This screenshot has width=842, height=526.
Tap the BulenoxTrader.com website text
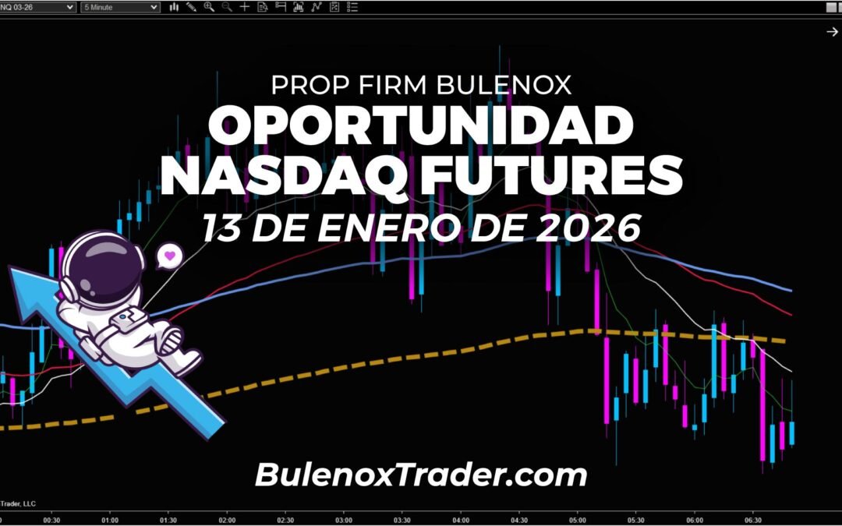coord(421,474)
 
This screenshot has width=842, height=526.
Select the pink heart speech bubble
coord(169,255)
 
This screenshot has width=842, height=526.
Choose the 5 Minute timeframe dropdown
coord(121,7)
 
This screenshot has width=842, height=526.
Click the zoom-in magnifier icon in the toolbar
coord(209,7)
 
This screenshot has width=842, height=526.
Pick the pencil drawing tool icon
coord(191,7)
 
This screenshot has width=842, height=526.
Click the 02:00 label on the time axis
coord(227,520)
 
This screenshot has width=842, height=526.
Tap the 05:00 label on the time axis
coord(578,520)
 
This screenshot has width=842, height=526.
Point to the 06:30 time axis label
coord(753,520)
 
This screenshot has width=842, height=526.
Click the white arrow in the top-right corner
coord(831,31)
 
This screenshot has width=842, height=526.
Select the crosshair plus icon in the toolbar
coord(245,7)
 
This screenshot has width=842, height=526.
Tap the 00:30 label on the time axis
coord(52,520)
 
